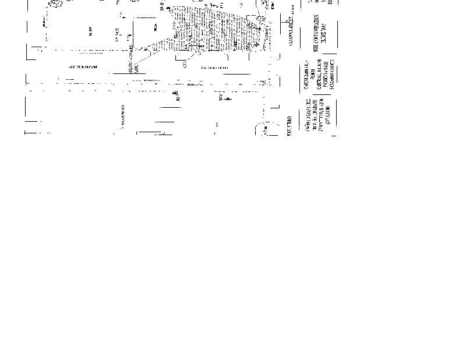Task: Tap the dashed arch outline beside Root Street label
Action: pos(263,128)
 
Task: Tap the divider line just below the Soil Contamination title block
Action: pos(317,57)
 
